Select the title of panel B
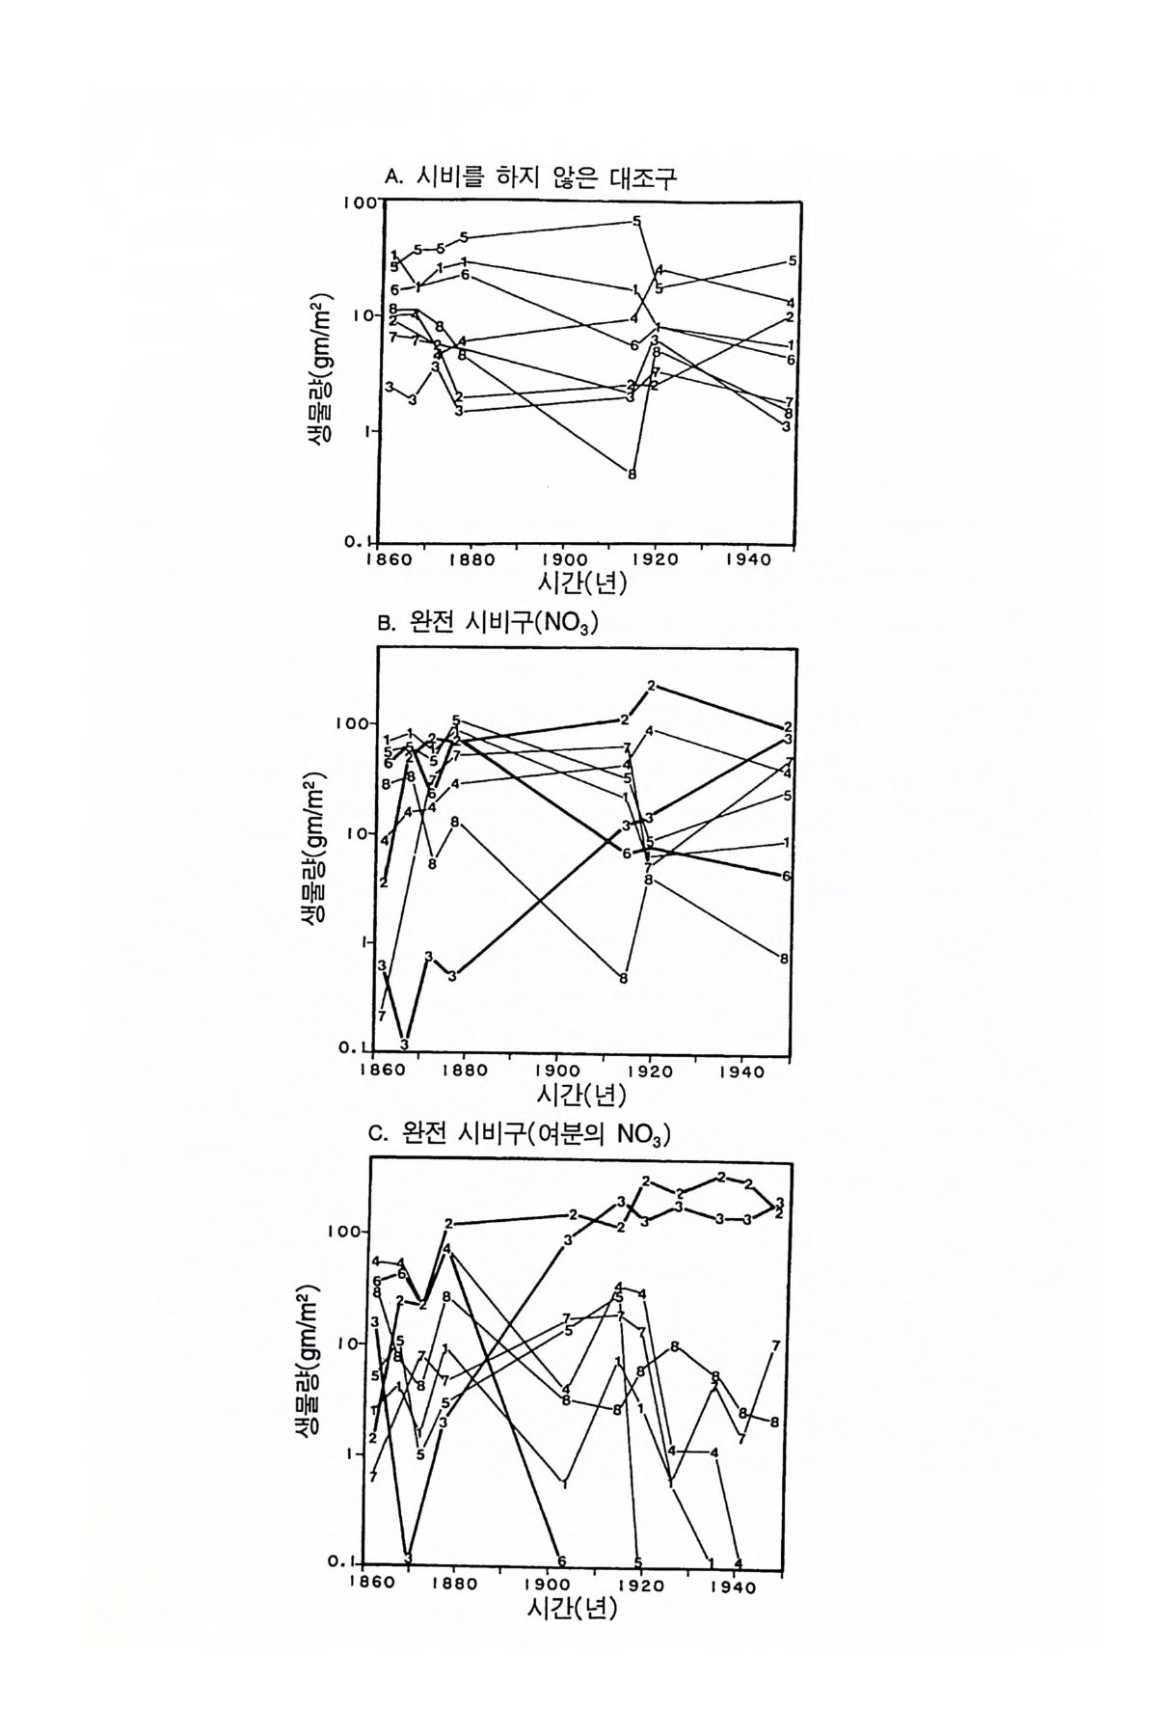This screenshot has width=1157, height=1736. click(489, 624)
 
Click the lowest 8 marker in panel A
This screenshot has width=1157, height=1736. click(632, 475)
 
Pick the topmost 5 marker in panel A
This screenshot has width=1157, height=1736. click(637, 221)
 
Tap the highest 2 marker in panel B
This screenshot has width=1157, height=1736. click(652, 686)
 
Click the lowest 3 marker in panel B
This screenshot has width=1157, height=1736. click(405, 1044)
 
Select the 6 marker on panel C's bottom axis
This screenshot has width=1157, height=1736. click(561, 1560)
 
